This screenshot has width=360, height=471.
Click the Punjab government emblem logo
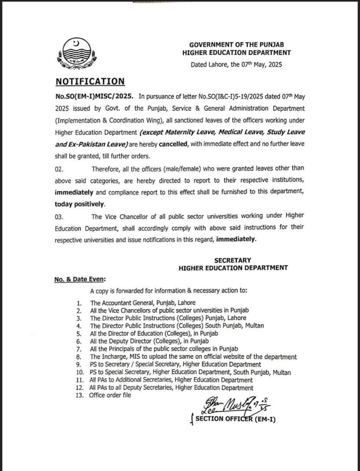[76, 54]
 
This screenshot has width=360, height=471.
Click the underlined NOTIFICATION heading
[90, 81]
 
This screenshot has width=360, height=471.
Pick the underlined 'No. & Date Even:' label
[80, 279]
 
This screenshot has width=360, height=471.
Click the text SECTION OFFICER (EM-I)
[235, 419]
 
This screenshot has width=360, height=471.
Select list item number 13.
[80, 395]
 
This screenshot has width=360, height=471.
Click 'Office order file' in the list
[110, 395]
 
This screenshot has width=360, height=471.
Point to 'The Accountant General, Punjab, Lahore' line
[143, 303]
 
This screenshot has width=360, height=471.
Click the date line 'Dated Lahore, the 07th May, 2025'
[236, 65]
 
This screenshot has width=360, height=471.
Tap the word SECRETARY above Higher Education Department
[233, 260]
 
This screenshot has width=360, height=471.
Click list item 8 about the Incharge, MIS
[193, 356]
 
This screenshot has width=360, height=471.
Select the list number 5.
[80, 333]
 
